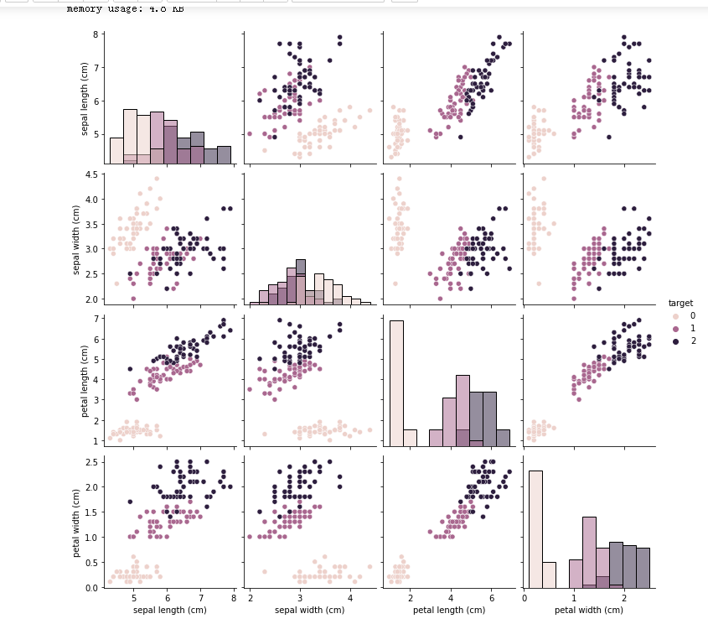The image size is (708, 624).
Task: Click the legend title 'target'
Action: [680, 302]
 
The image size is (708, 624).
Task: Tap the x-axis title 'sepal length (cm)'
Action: [170, 611]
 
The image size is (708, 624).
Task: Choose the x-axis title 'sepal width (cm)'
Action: [310, 611]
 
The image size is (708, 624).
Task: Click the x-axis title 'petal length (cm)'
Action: [450, 611]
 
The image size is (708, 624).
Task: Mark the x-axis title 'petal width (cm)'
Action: [589, 611]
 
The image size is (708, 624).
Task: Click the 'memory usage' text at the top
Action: [126, 9]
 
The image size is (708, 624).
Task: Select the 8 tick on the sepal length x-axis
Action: [233, 598]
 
